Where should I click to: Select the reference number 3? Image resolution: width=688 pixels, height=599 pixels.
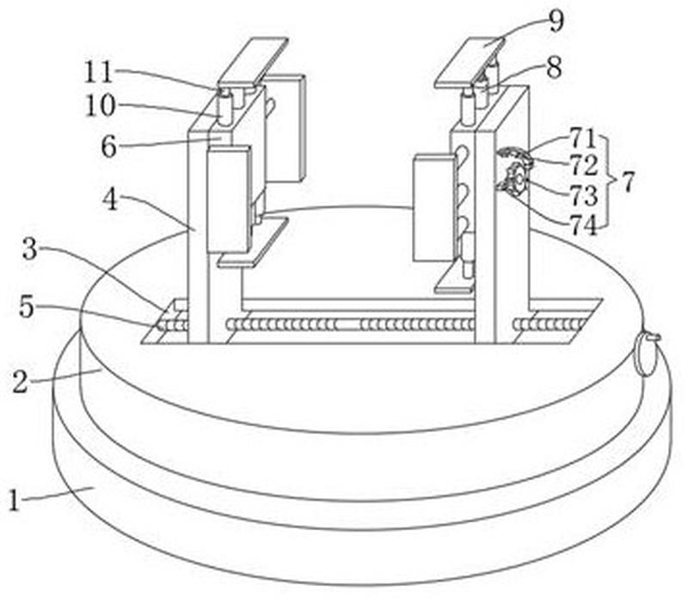point(29,252)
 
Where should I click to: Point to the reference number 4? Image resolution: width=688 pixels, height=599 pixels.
point(110,200)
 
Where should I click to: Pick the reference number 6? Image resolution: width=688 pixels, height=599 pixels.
point(107,147)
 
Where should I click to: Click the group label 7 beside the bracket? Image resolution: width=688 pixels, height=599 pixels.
point(629,182)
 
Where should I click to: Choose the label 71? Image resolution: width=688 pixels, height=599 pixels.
point(580,135)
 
